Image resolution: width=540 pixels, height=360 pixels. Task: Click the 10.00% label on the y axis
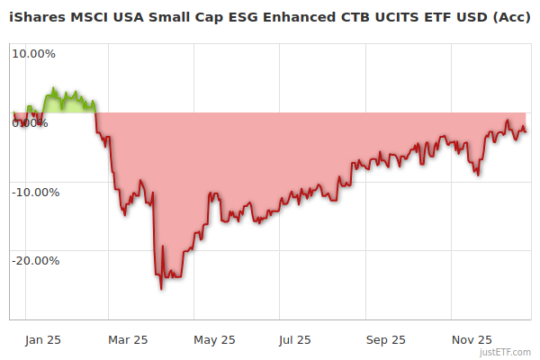[x=33, y=53]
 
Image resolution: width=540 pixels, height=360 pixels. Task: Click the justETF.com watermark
[x=506, y=352]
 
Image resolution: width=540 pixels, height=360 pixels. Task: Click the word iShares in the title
[x=36, y=18]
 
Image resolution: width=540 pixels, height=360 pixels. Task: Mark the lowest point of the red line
[x=161, y=289]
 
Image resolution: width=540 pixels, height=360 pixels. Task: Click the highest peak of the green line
[x=54, y=88]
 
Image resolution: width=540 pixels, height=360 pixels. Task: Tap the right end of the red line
[x=526, y=132]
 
